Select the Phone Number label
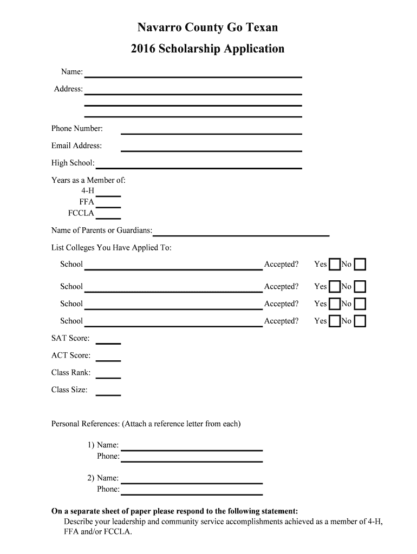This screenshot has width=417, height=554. tap(77, 129)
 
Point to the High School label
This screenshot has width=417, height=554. tap(73, 163)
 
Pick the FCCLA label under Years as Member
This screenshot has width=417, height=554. tap(81, 213)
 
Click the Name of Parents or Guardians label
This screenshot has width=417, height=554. tap(102, 230)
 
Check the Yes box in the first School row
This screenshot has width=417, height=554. tap(335, 265)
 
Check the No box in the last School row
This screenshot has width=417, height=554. tap(360, 321)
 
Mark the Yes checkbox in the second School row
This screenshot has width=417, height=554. tap(335, 287)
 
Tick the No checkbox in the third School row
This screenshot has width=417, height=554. tap(360, 304)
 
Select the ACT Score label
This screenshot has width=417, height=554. tap(71, 355)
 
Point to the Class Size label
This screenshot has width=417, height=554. tap(69, 390)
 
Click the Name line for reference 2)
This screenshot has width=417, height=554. tap(191, 481)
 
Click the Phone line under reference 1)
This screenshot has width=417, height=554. tap(191, 460)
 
